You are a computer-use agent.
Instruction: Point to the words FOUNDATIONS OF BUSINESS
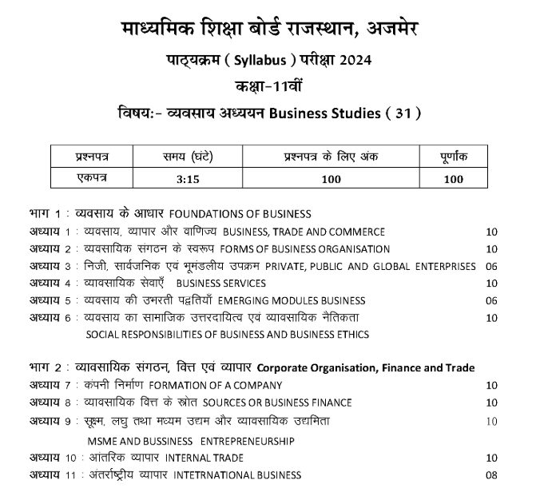240,215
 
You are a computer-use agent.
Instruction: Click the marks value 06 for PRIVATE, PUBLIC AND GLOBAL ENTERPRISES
490,266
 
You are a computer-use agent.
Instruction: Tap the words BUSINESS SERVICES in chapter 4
221,284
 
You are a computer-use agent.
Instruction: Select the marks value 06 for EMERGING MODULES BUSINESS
490,301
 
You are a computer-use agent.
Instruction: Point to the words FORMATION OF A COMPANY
209,386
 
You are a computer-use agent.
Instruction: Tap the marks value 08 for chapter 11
490,475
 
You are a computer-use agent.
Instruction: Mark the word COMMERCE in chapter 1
356,232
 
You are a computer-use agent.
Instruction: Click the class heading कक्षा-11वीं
269,87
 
